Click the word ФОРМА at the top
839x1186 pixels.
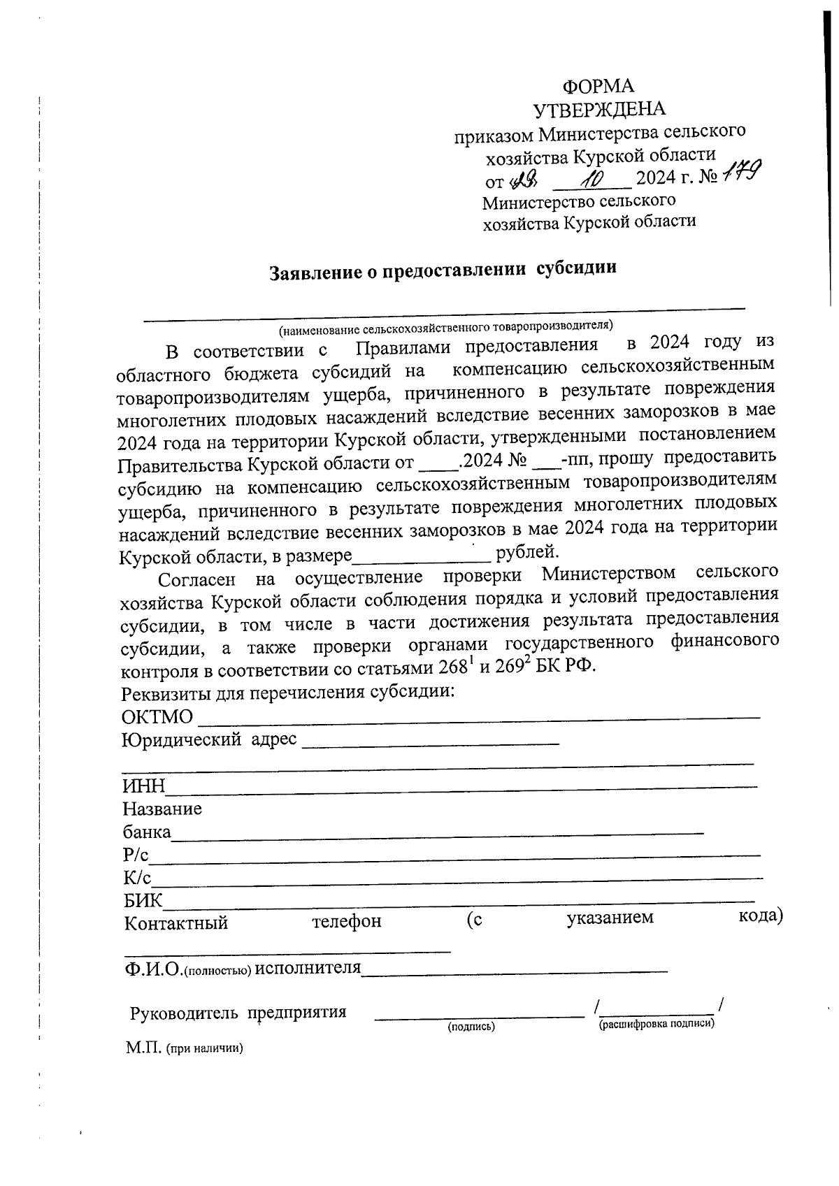tap(598, 86)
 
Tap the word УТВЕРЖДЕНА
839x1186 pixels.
tap(598, 109)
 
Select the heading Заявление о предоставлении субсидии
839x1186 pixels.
tap(444, 270)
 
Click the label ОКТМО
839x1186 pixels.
tap(157, 717)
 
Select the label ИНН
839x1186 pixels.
tap(143, 786)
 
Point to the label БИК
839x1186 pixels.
tap(142, 901)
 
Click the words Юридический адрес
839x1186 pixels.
tap(209, 739)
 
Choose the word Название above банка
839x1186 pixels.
tap(162, 809)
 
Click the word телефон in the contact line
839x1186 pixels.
tap(347, 921)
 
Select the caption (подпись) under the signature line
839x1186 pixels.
tap(471, 1026)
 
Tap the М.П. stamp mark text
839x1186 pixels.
tap(144, 1048)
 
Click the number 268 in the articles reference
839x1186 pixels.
tap(452, 667)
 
